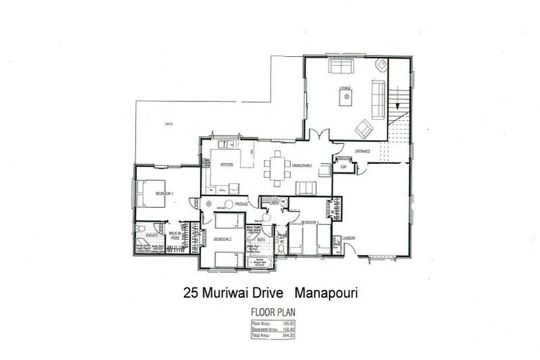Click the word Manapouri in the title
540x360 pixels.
tap(326, 292)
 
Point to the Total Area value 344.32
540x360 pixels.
tap(287, 336)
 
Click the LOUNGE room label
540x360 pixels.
tap(345, 89)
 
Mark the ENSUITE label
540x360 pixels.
tap(151, 235)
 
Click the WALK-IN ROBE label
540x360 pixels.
tap(175, 236)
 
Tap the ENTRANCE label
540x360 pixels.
tap(362, 151)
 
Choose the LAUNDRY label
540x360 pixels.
tap(349, 238)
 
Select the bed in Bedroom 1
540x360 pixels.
tap(150, 193)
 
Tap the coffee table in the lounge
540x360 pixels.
tap(345, 98)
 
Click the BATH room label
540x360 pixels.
tap(261, 240)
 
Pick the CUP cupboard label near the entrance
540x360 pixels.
tap(343, 167)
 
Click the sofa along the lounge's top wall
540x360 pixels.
tap(341, 67)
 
